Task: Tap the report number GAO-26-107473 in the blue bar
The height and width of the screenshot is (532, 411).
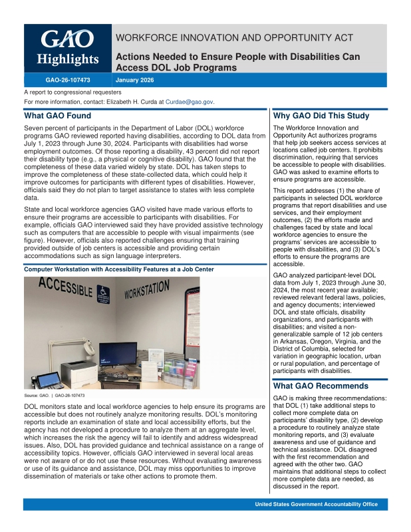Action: [67, 80]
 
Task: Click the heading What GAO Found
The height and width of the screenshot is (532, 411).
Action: [57, 116]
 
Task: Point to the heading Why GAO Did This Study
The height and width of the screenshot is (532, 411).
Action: [321, 116]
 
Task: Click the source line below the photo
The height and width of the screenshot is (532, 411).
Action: [54, 396]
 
